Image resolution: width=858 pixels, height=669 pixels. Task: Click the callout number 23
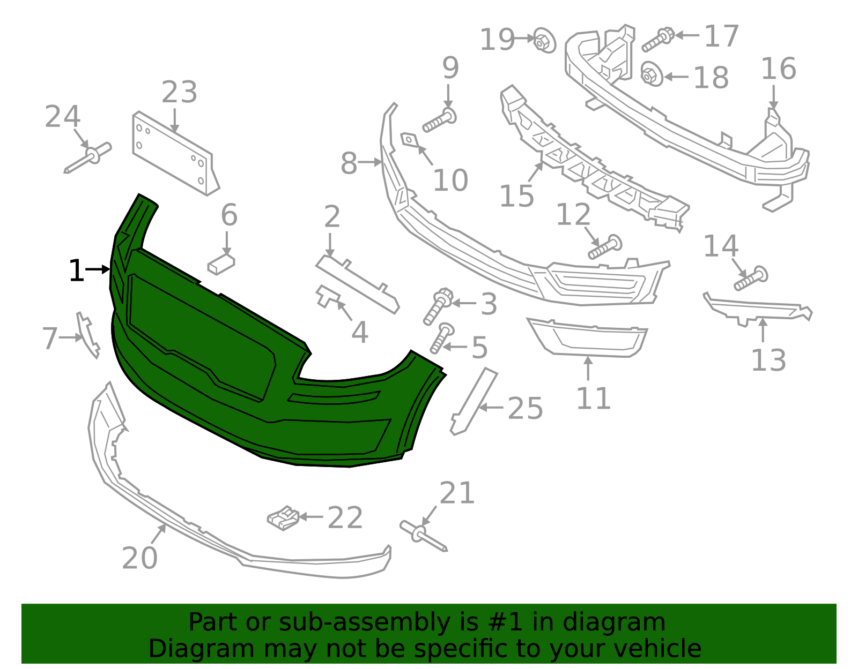(x=179, y=93)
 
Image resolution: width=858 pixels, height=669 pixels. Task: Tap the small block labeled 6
(x=221, y=264)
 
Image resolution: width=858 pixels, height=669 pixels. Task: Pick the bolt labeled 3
(x=438, y=306)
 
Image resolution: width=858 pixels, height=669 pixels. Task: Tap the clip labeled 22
(x=283, y=518)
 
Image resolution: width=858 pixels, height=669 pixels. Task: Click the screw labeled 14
(x=750, y=279)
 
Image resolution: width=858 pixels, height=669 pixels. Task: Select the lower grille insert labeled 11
(x=589, y=337)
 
